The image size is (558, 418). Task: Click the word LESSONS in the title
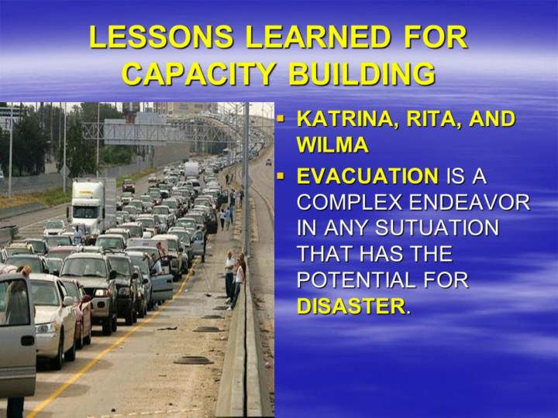(161, 36)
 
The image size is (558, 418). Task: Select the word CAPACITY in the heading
(199, 74)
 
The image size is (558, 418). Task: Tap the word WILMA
(332, 144)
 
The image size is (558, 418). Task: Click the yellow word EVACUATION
(367, 176)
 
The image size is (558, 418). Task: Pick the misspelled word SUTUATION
(437, 228)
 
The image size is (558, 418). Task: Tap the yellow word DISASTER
(351, 306)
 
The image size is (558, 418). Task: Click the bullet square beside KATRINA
(281, 118)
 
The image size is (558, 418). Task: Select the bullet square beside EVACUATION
(281, 175)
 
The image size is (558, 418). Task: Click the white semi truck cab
(87, 205)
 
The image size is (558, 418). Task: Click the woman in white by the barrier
(238, 283)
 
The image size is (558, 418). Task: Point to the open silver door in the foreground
(17, 334)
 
